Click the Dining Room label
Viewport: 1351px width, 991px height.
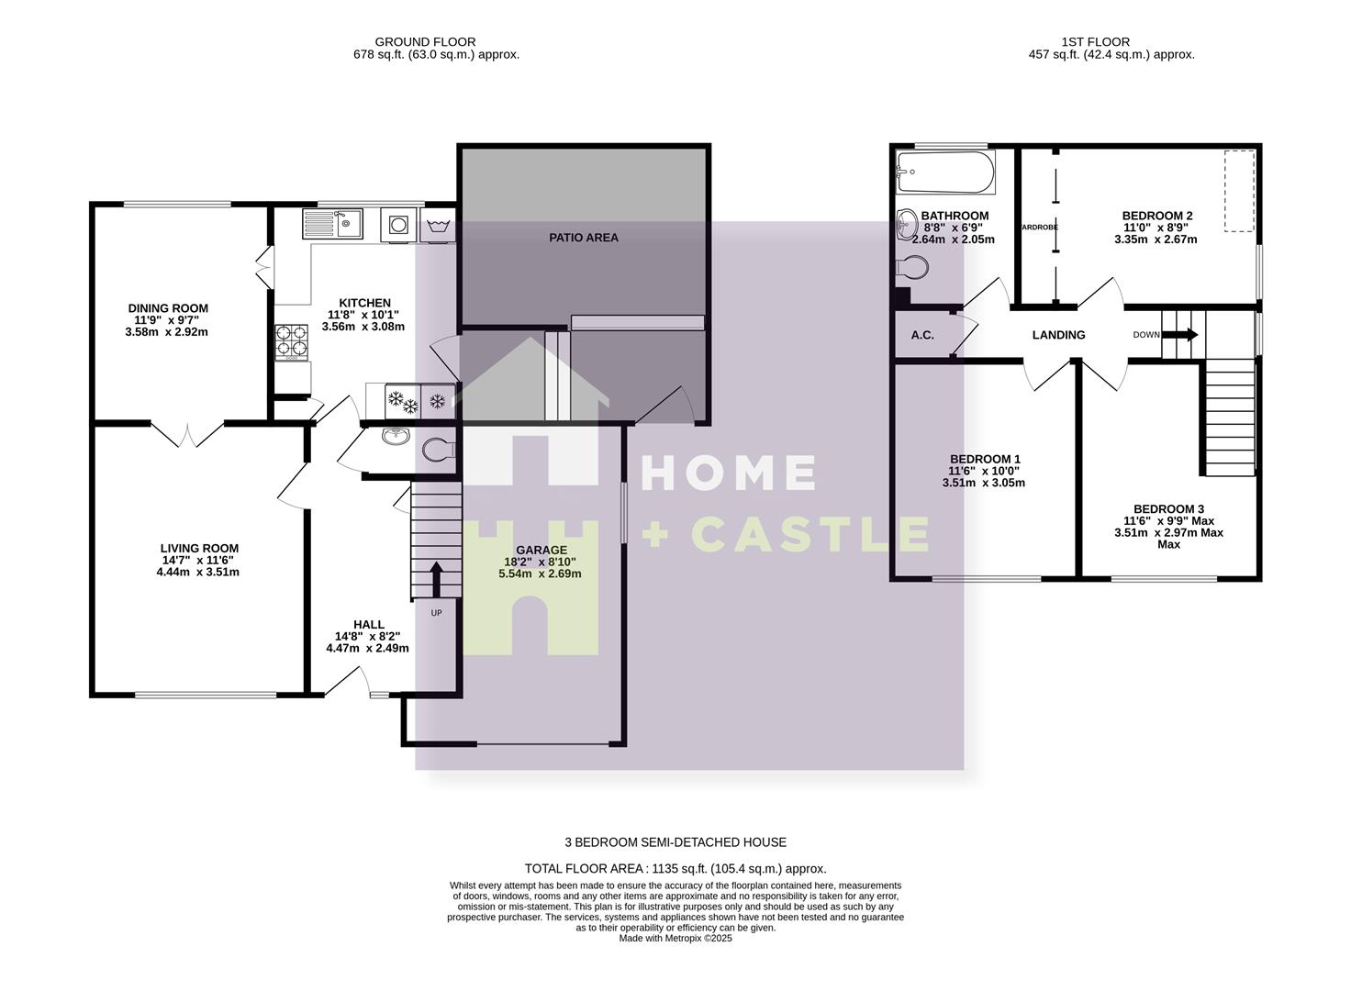pos(167,308)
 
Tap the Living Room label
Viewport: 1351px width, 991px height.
pos(199,549)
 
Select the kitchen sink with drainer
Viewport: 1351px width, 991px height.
pos(332,223)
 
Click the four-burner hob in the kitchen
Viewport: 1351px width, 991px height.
pos(292,341)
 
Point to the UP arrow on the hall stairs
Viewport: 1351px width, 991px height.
pos(435,579)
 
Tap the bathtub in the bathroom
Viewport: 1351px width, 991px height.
pos(945,172)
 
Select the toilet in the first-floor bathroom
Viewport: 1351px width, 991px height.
pos(912,268)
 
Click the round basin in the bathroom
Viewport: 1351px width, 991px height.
pos(907,223)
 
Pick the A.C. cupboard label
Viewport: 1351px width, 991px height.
pos(922,335)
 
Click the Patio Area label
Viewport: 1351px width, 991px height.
pos(584,238)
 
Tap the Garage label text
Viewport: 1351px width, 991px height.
pos(541,551)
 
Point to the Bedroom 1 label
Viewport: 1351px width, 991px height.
pos(985,459)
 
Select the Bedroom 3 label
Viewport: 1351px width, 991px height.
pos(1168,509)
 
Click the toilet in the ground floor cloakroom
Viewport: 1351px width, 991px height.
pos(438,450)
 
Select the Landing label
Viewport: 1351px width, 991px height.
pos(1058,335)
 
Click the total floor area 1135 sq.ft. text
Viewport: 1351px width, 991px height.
pos(675,868)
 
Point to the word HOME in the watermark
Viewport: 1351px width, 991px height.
pos(728,473)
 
